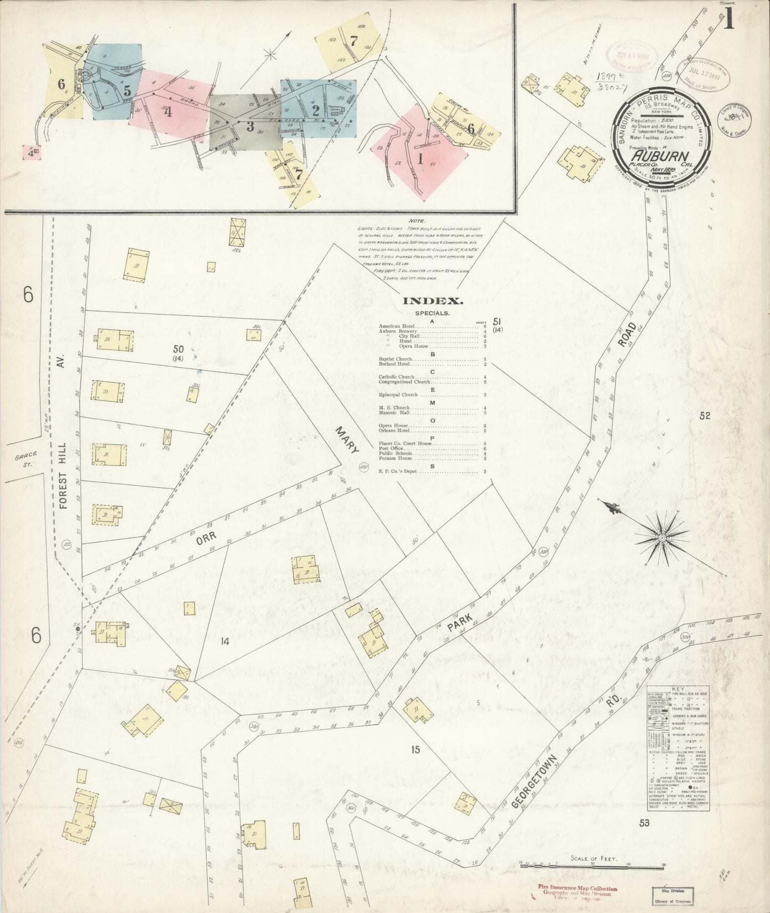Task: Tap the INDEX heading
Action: tap(428, 301)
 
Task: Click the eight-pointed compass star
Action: tap(661, 538)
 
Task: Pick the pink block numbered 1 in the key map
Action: tap(420, 158)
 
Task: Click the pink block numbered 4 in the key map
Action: tap(168, 112)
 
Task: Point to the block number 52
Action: tap(705, 417)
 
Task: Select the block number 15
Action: tap(416, 751)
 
